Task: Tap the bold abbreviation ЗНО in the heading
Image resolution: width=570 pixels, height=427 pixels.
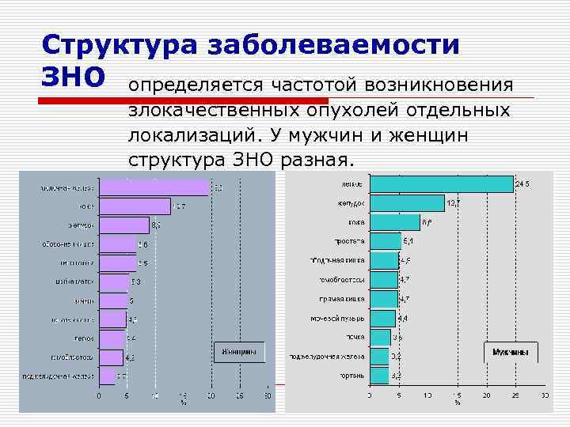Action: [72, 77]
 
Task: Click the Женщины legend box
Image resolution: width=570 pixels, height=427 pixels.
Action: [237, 351]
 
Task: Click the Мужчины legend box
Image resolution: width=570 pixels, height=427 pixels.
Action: [511, 351]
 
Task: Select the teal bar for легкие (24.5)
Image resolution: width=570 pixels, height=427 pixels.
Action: [441, 184]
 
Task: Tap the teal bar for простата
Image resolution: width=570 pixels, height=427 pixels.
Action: [385, 241]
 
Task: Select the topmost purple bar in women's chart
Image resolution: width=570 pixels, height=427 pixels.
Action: [154, 187]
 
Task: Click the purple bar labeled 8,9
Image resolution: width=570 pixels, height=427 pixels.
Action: [123, 225]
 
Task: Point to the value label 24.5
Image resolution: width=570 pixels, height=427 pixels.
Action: [522, 184]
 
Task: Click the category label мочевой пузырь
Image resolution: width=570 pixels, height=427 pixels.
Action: [337, 318]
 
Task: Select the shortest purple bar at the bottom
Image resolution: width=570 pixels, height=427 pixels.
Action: [107, 376]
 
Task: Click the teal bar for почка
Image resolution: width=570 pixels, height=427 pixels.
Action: [379, 337]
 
